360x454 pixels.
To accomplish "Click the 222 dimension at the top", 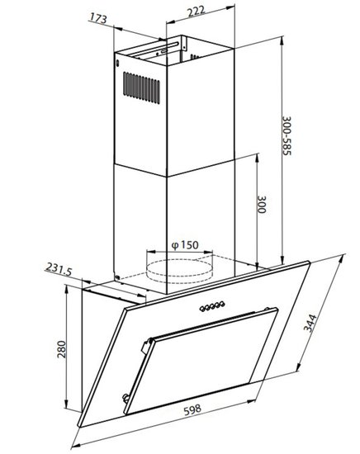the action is [x=197, y=12].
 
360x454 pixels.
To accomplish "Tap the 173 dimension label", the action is [x=98, y=18].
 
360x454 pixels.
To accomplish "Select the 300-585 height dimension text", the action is [x=287, y=136].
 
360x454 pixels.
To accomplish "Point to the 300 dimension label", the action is [x=262, y=205].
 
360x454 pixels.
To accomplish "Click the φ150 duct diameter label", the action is [x=185, y=245].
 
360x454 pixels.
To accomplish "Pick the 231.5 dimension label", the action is [x=59, y=269].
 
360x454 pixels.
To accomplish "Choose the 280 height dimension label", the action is [x=61, y=349].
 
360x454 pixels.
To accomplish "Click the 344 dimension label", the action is [x=310, y=323].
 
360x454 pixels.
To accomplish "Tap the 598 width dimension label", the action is [x=192, y=410].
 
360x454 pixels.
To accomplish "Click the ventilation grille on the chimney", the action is [x=141, y=87].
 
